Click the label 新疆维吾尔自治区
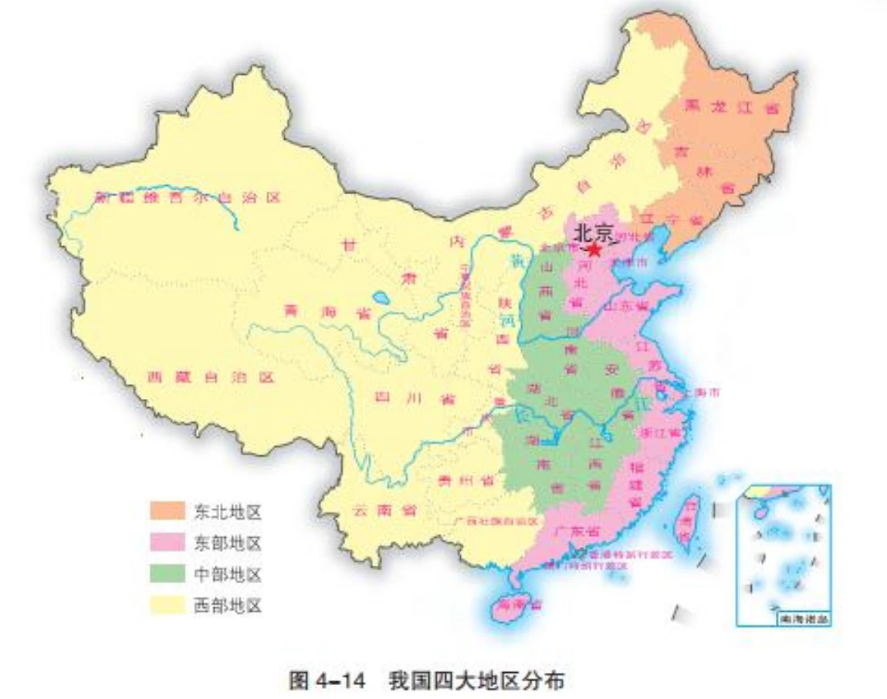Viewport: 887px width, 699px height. (x=187, y=197)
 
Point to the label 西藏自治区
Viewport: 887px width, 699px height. (x=210, y=377)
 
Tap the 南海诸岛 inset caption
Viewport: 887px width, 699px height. (x=802, y=619)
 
